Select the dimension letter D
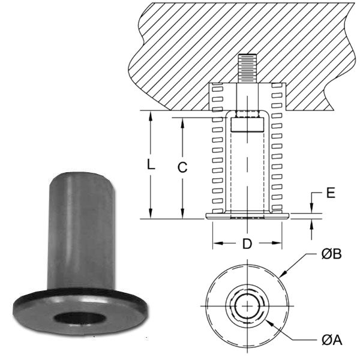(x=247, y=245)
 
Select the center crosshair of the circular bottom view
(x=247, y=306)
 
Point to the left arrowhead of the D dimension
(x=215, y=244)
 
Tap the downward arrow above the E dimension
(x=311, y=208)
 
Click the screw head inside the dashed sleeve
(x=247, y=125)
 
